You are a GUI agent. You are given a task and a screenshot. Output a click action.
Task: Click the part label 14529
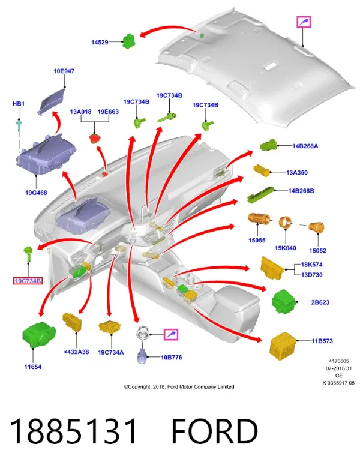(x=100, y=43)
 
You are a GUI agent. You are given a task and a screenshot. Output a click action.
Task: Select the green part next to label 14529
(x=129, y=40)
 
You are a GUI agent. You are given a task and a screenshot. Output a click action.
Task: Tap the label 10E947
(x=64, y=71)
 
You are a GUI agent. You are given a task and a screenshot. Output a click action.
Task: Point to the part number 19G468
(x=36, y=193)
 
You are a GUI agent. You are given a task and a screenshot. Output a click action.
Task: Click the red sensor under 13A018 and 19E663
(x=95, y=139)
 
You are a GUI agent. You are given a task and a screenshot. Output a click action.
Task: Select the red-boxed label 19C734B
(x=28, y=281)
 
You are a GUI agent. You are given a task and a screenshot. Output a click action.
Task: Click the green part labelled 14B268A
(x=268, y=145)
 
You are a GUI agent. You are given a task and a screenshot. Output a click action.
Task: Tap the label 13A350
(x=297, y=172)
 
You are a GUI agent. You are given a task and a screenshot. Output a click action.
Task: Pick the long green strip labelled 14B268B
(x=261, y=194)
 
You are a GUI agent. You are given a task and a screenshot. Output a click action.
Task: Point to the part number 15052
(x=317, y=251)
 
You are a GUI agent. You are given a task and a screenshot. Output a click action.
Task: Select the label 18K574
(x=312, y=265)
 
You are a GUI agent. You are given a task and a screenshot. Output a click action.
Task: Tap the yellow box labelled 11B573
(x=283, y=346)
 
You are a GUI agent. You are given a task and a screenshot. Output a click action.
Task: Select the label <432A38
(x=76, y=352)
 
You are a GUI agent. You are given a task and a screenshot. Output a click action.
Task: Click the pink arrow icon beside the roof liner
(x=304, y=22)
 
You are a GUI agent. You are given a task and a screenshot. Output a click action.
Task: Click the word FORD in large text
(x=215, y=431)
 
